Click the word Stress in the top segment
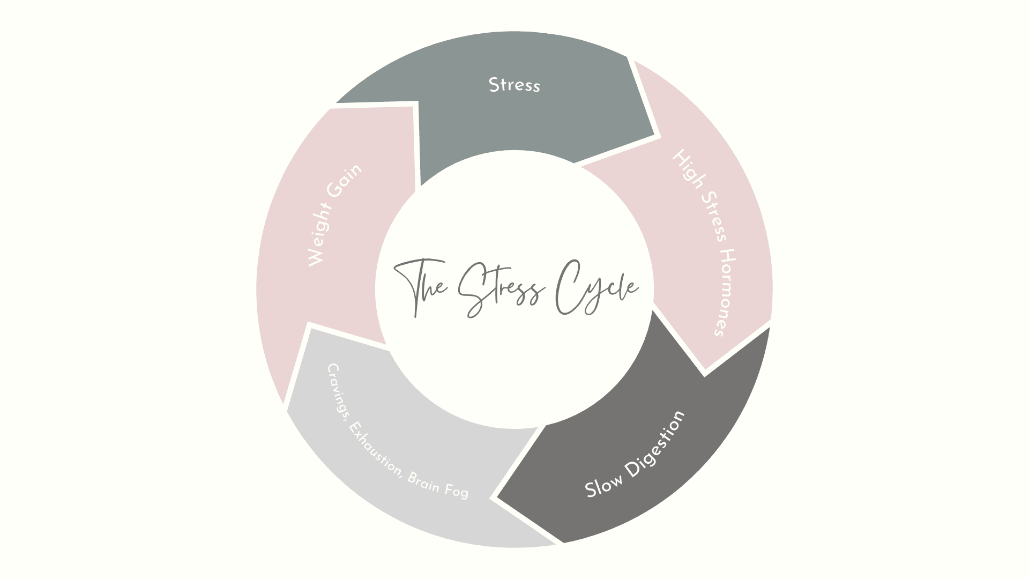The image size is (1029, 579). click(514, 85)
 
